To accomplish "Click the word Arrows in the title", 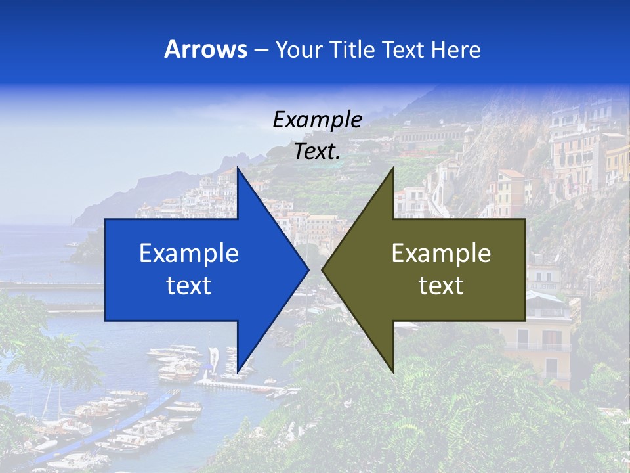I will pos(205,49).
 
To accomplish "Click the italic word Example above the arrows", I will pos(317,120).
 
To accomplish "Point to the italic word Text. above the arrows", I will pos(317,152).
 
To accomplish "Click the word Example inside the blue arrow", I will pos(189,253).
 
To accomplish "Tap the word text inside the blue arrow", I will pos(189,285).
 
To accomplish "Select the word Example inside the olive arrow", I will pos(441,253).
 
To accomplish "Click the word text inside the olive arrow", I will pos(441,285).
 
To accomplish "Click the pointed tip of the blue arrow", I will pos(308,269).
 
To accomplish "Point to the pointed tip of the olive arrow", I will pos(323,269).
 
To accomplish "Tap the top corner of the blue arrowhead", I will pos(238,168).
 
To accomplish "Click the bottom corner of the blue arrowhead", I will pos(238,371).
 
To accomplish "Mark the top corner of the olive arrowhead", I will pos(392,168).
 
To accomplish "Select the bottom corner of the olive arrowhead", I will pos(392,371).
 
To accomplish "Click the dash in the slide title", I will pos(260,50).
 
